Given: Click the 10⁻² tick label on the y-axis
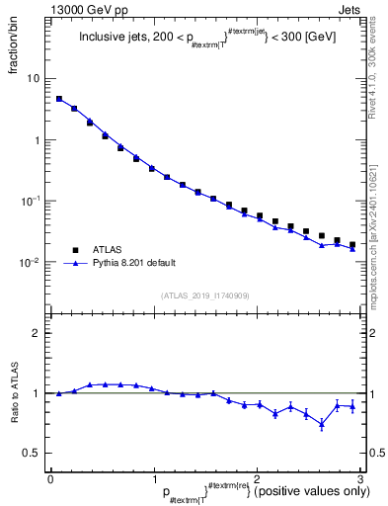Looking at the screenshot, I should click(31, 262).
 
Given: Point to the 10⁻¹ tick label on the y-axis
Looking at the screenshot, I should click(31, 201).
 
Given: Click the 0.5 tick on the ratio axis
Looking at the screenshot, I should click(32, 453).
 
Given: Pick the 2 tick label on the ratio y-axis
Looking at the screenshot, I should click(37, 333).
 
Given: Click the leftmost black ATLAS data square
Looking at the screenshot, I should click(59, 99).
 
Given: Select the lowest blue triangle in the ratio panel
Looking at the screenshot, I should click(322, 424).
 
